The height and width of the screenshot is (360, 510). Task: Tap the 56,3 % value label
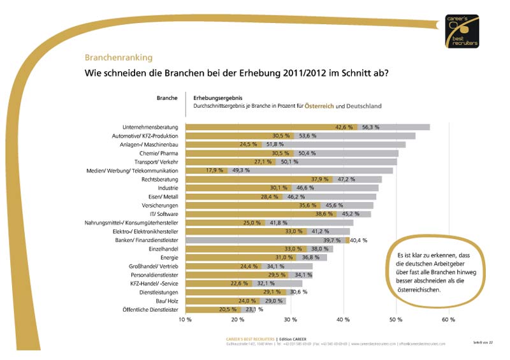coord(370,127)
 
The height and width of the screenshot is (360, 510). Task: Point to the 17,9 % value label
coord(215,171)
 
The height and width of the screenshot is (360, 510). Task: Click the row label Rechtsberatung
coord(159,179)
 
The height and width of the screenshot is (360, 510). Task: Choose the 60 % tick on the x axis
coord(448,319)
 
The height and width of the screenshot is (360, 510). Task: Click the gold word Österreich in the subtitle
coord(319,105)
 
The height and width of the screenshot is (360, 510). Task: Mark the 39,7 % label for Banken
coord(333,240)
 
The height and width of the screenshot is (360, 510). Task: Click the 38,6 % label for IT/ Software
coord(326,214)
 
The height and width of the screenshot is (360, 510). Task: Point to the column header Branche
coord(167,98)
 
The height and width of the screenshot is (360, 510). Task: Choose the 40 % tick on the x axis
coord(343,319)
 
